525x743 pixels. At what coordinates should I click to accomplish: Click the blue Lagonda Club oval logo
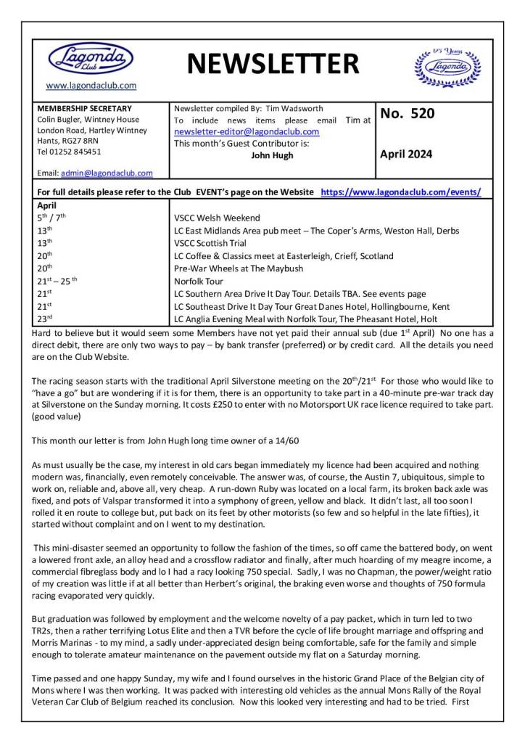[91, 57]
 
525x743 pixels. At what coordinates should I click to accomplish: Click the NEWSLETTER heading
[273, 64]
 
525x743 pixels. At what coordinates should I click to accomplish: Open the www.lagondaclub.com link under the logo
[91, 86]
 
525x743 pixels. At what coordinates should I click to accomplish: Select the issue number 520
[410, 113]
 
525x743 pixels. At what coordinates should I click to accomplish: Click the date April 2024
[406, 154]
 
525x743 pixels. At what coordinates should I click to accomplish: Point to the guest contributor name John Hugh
[273, 155]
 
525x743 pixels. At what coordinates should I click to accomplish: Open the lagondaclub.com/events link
[401, 192]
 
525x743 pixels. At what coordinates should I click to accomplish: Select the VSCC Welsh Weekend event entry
[217, 218]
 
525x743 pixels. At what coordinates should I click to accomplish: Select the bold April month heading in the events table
[46, 205]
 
